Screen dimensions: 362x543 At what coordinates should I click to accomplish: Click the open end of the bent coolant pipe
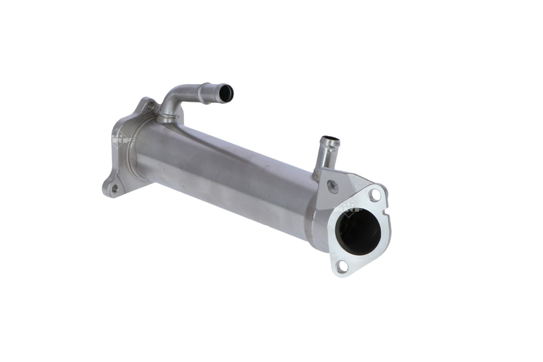point(227,93)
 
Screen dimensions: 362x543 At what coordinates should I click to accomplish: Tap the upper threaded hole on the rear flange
point(150,106)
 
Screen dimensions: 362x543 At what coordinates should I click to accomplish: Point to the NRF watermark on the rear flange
point(119,138)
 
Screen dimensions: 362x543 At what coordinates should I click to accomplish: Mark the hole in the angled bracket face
point(332,186)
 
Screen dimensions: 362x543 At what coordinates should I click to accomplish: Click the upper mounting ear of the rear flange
point(148,105)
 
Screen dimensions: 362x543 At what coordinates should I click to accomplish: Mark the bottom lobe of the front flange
point(342,270)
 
